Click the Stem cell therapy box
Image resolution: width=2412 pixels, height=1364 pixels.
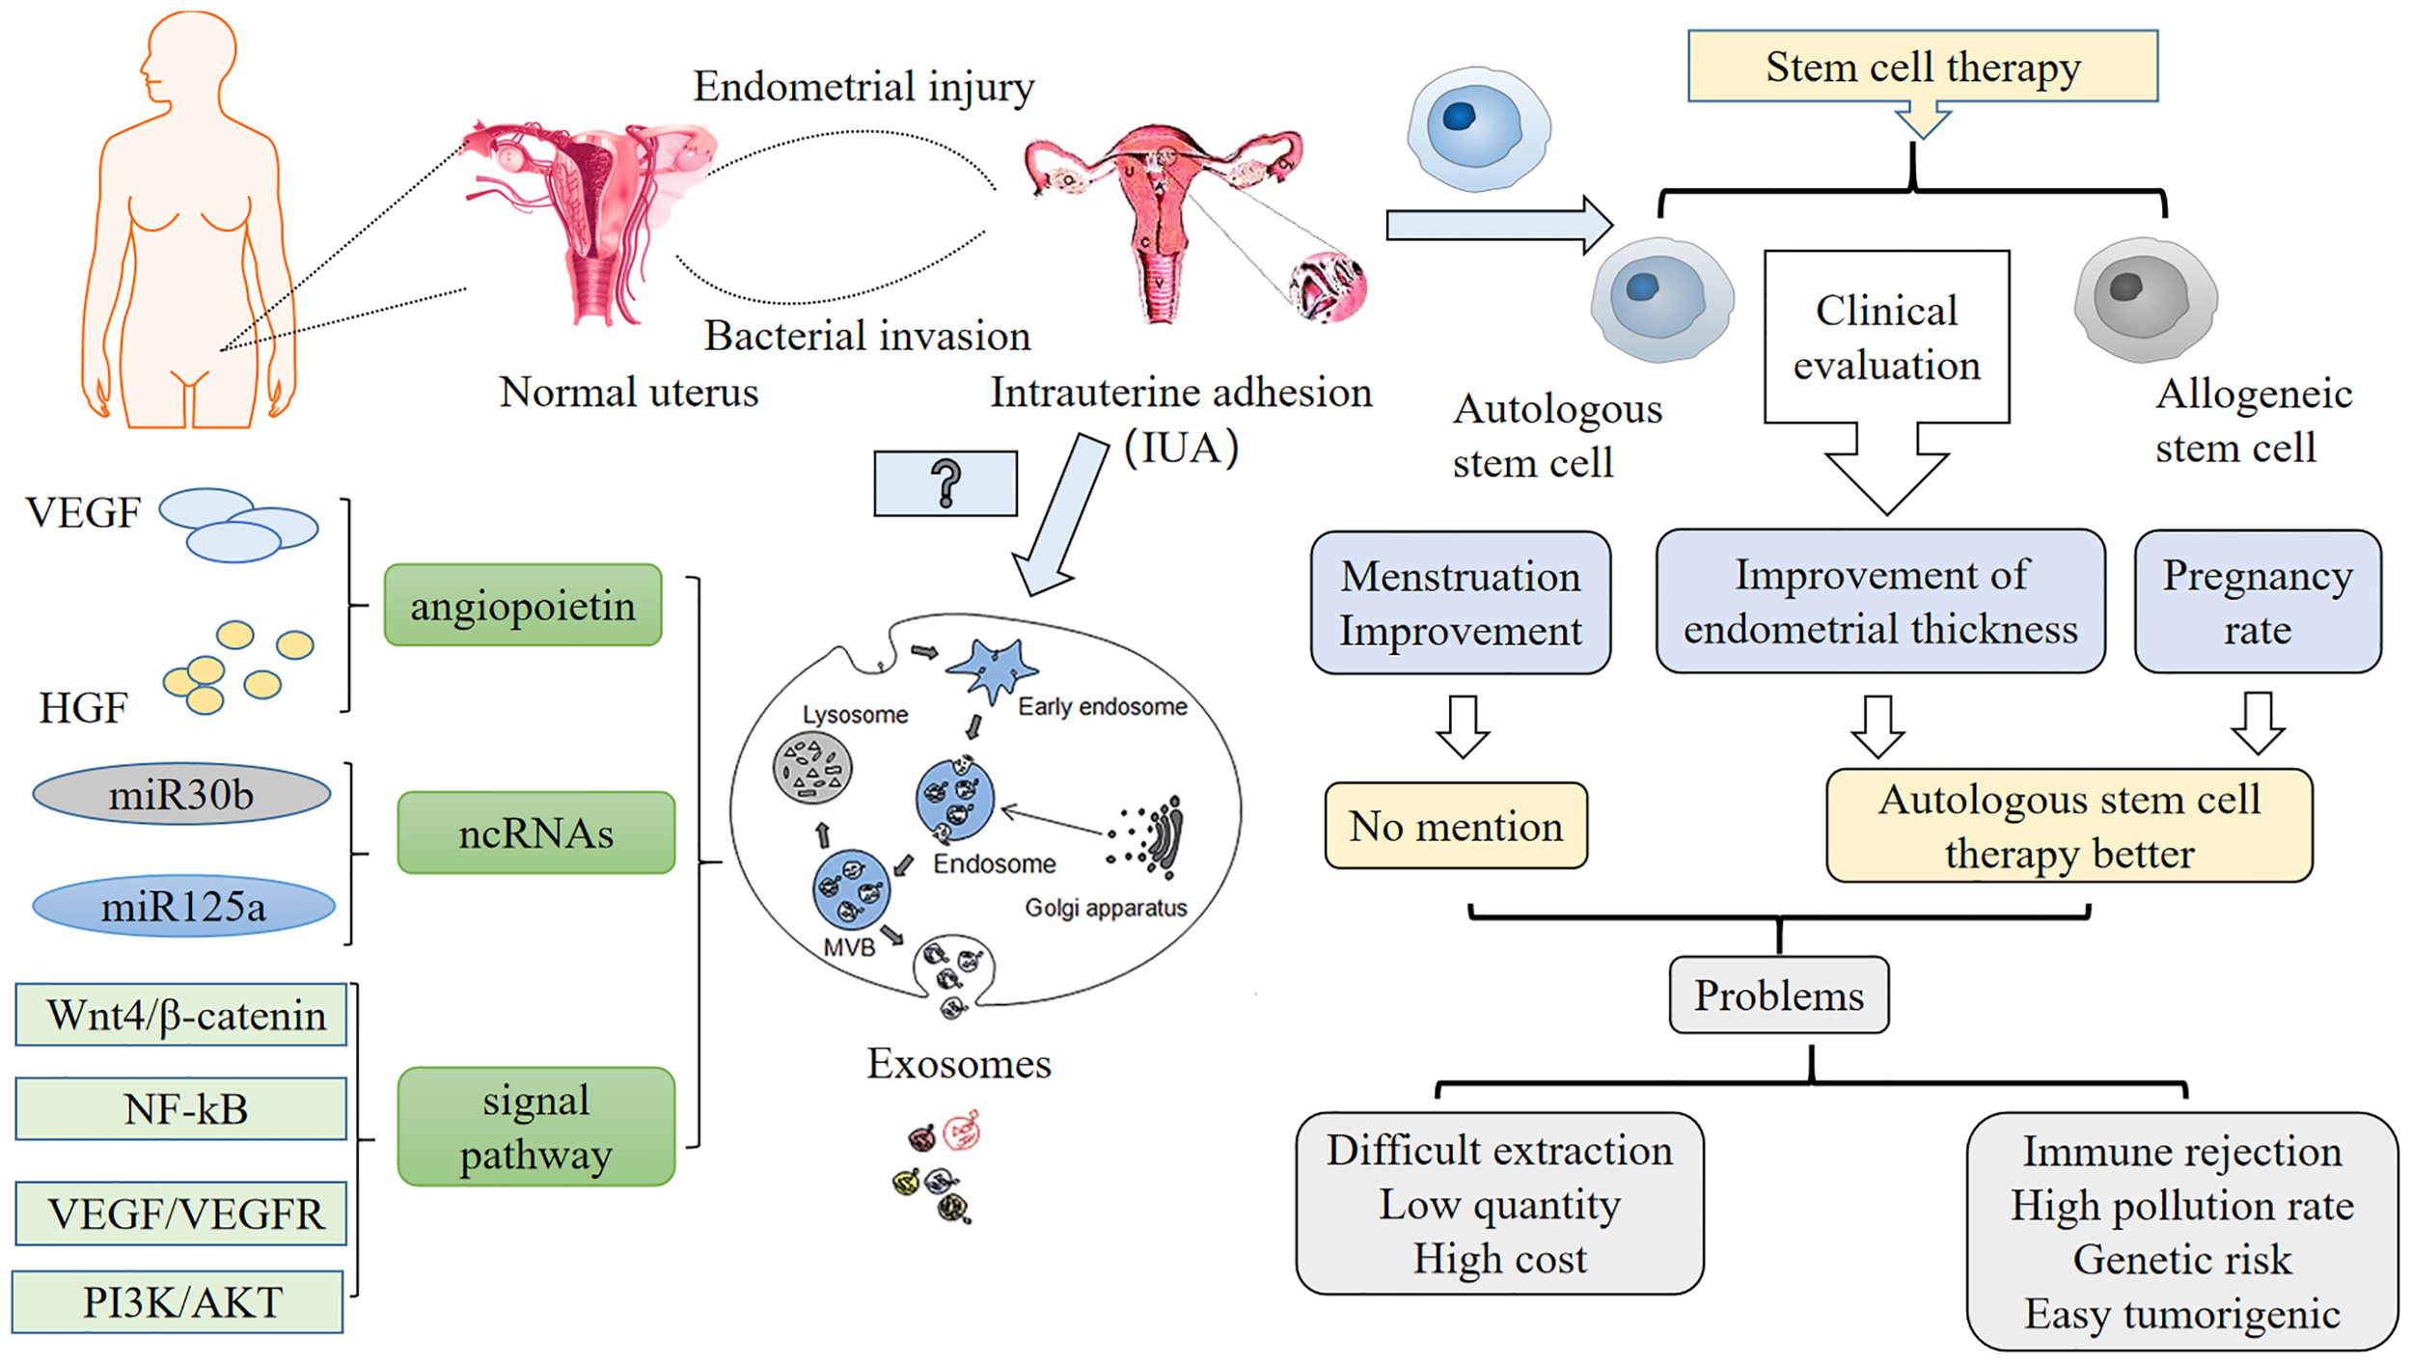(1922, 66)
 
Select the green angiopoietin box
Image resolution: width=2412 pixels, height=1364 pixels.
(523, 605)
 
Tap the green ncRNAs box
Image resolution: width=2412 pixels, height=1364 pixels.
(535, 832)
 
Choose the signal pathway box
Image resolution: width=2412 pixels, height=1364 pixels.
(535, 1126)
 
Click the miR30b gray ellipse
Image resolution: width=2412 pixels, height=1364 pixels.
(181, 794)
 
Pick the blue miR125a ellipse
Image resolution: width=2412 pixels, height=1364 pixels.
(183, 906)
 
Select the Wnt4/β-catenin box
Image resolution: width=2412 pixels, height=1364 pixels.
(181, 1014)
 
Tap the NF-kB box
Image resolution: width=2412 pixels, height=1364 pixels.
(181, 1108)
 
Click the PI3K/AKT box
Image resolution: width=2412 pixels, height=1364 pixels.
(178, 1301)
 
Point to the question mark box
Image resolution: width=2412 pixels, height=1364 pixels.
(945, 483)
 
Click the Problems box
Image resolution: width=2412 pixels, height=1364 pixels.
(1778, 995)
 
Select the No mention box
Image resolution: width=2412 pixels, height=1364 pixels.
(1455, 826)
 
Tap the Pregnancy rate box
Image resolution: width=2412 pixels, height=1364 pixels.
(2257, 601)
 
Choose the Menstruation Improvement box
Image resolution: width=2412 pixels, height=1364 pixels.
(1460, 602)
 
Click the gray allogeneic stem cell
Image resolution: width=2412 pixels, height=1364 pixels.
(2145, 299)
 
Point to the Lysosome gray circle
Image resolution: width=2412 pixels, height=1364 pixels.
(811, 769)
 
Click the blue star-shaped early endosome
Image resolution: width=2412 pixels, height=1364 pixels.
(991, 668)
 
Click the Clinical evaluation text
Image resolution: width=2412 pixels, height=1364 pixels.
(1885, 338)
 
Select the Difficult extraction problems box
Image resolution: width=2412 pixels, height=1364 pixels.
(1498, 1203)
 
